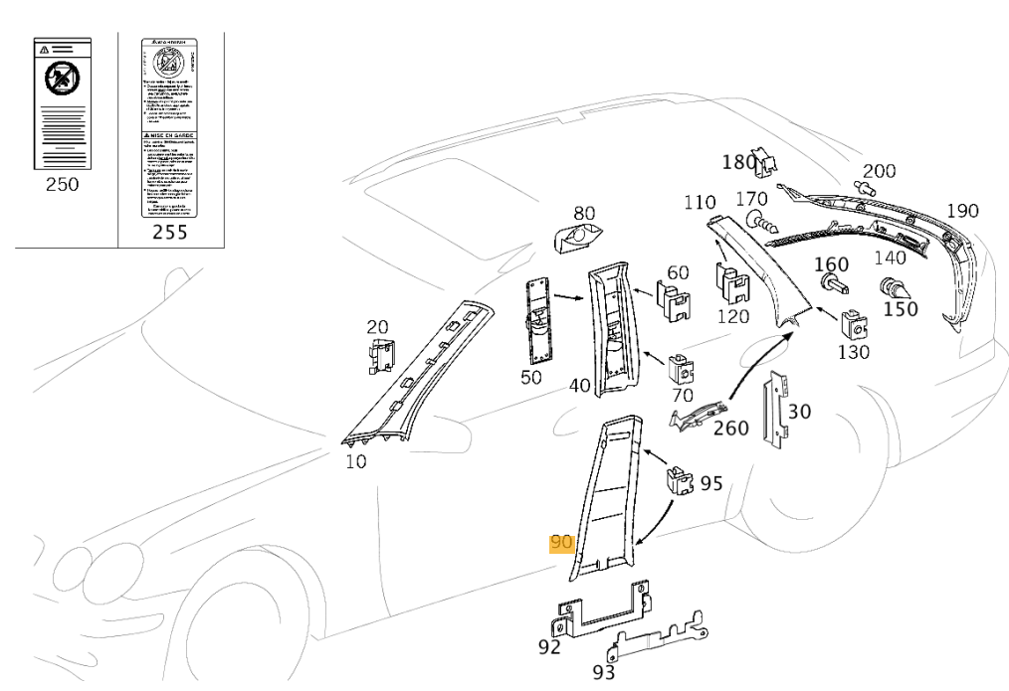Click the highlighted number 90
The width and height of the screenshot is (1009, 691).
(562, 544)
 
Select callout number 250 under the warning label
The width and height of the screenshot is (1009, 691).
(63, 185)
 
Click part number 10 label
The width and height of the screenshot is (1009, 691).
(354, 461)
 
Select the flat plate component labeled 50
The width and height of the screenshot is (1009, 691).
(539, 321)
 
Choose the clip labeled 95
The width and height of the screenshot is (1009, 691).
(681, 480)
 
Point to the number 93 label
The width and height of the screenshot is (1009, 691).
(604, 672)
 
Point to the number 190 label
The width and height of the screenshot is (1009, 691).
(962, 210)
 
